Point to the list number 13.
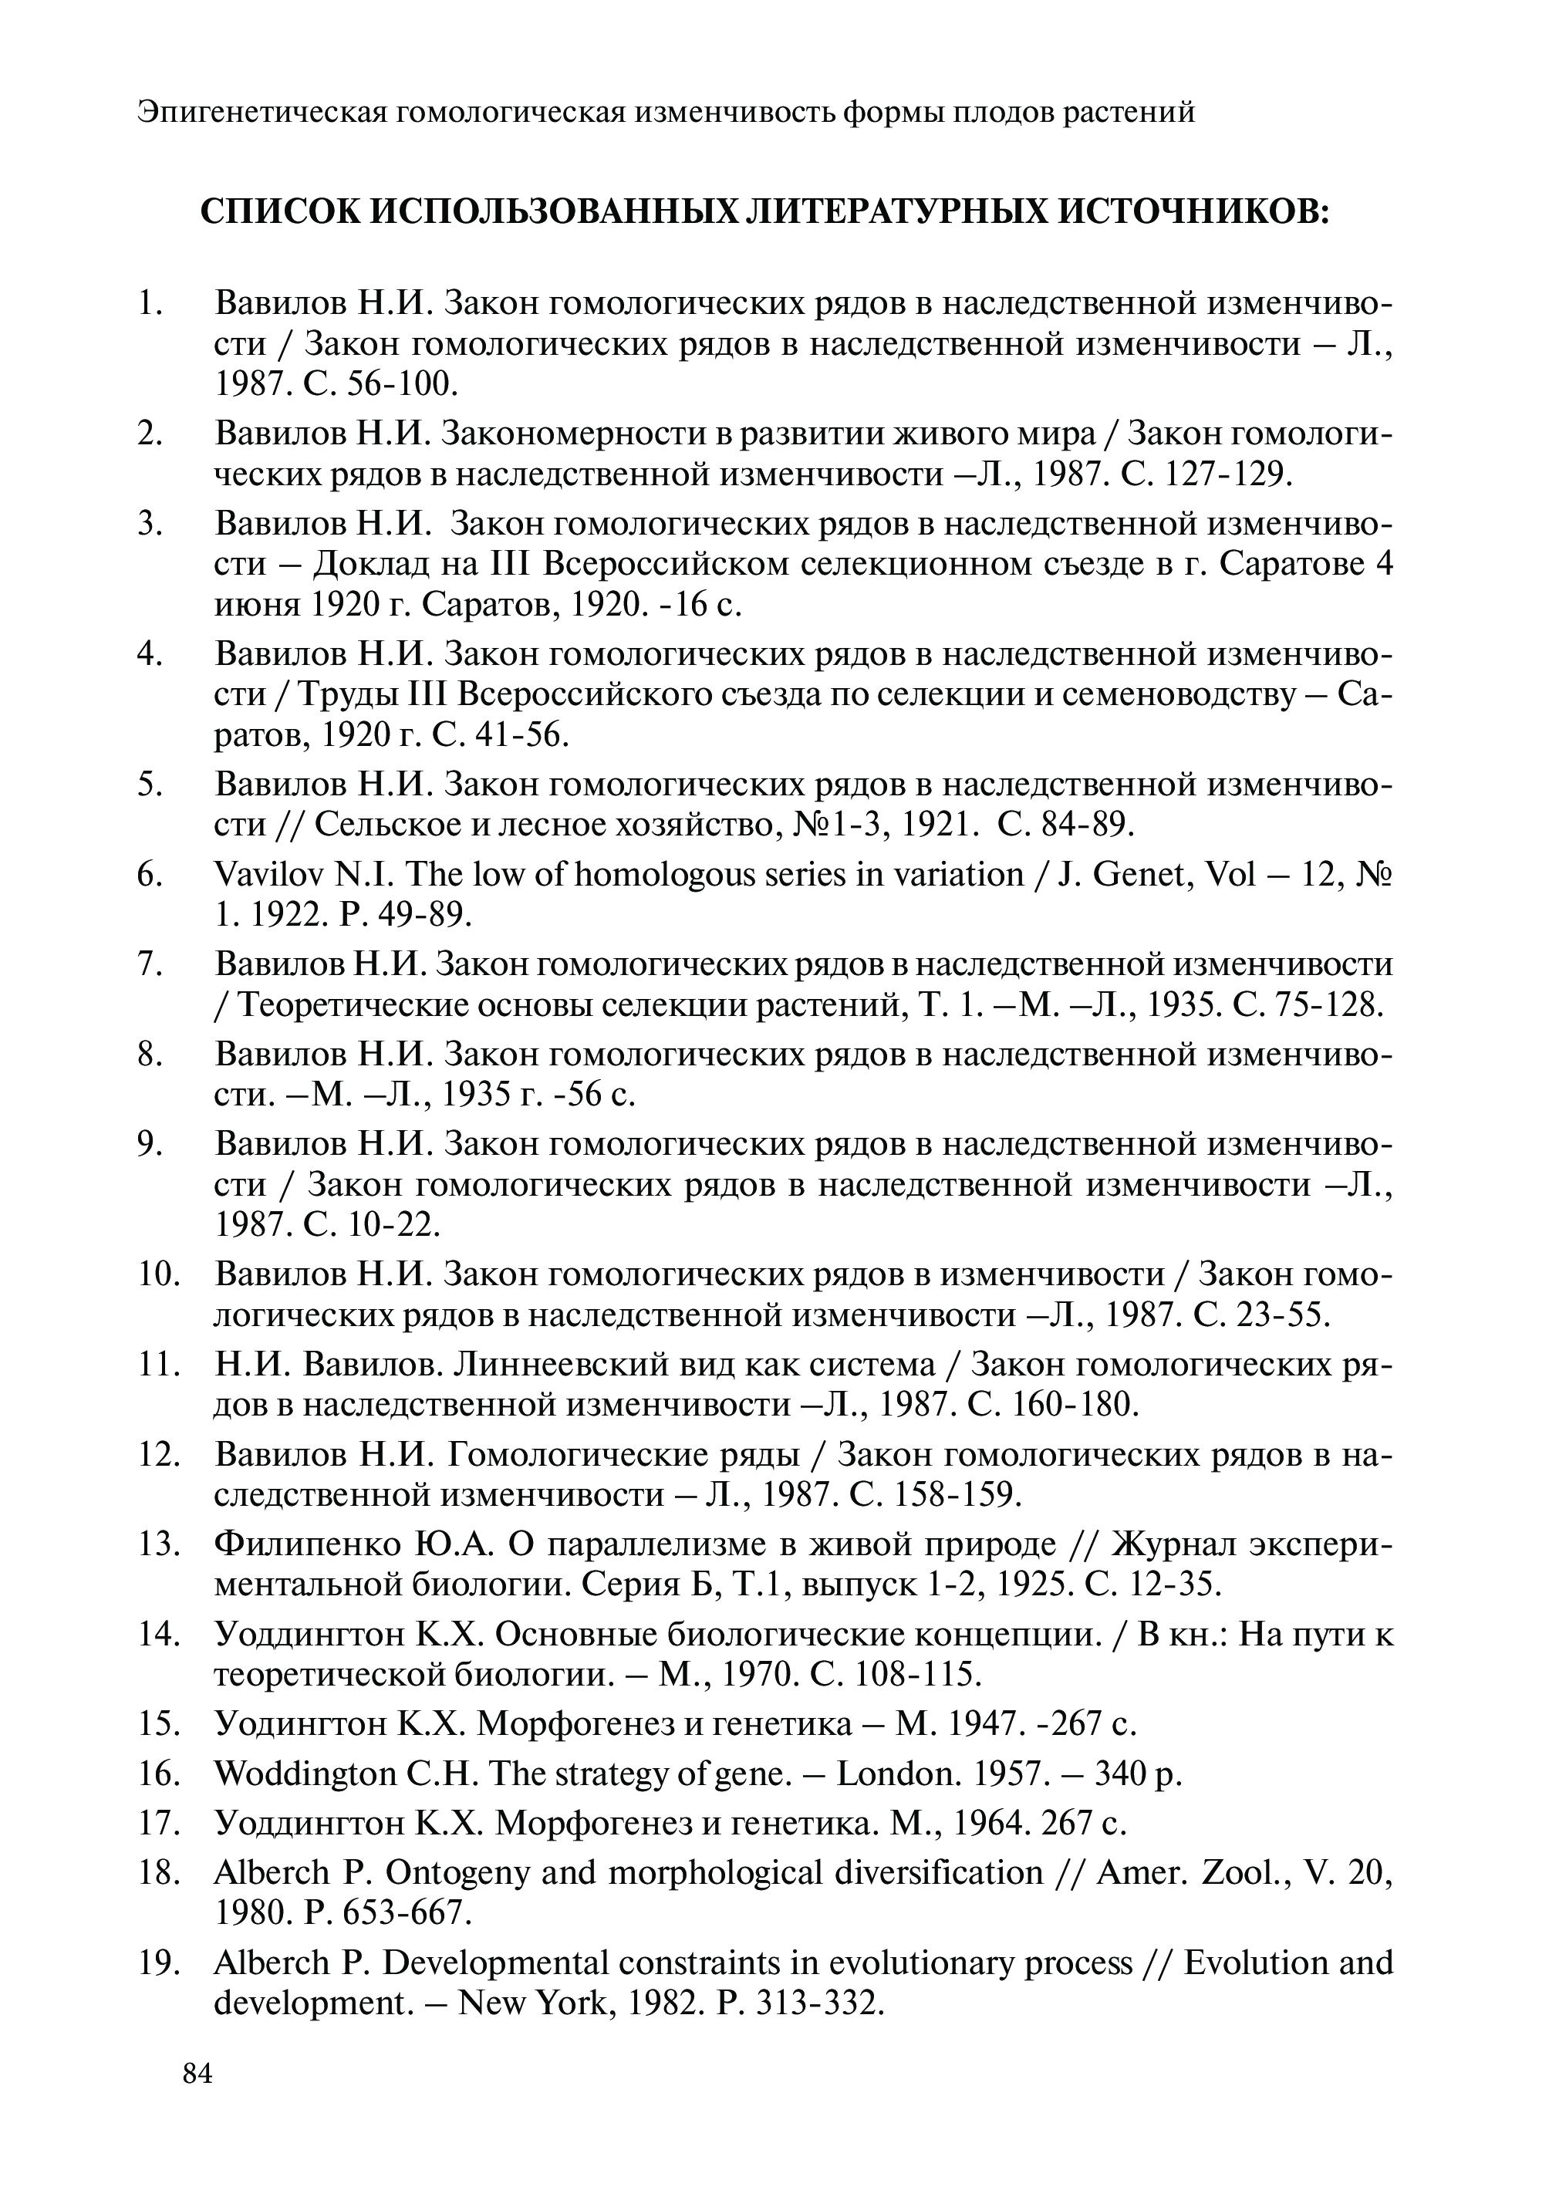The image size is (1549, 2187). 157,1544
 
